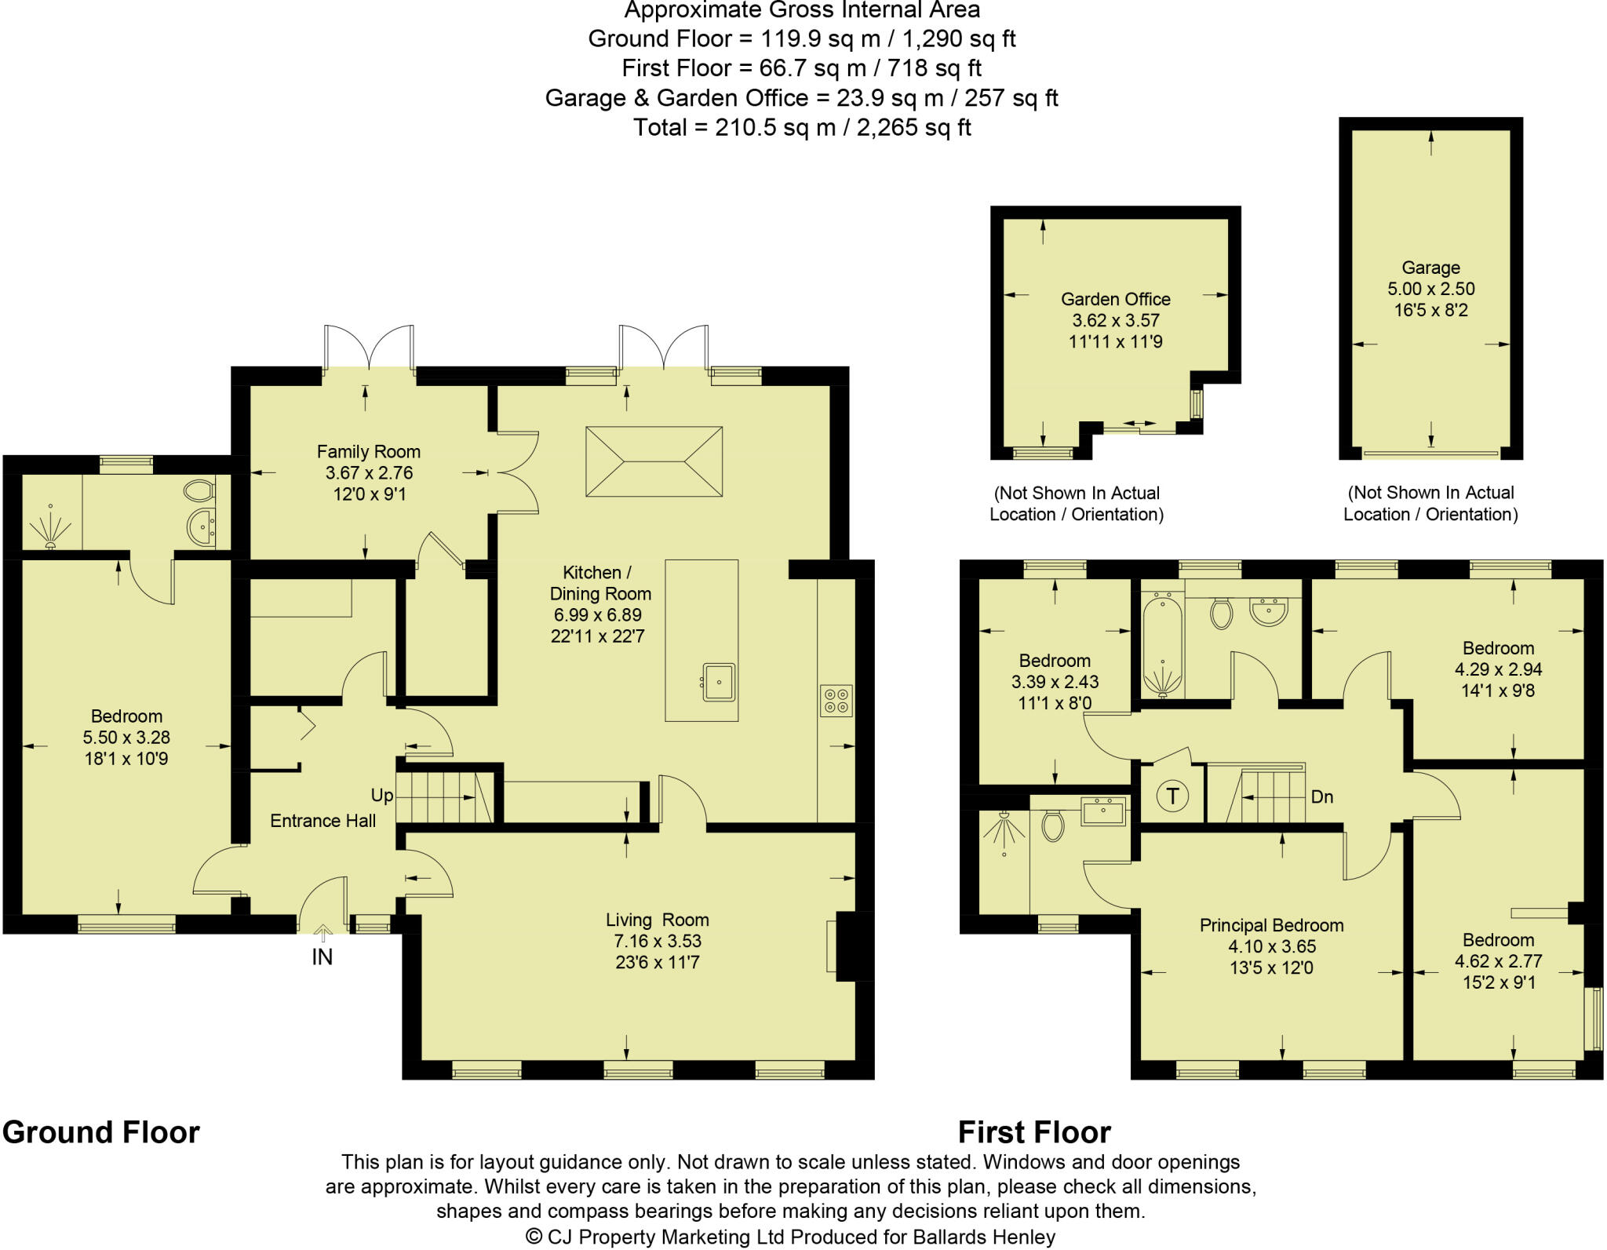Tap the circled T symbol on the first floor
[1172, 796]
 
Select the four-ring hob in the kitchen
[836, 701]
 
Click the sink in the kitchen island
[717, 682]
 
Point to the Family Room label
[368, 451]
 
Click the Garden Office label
[1115, 299]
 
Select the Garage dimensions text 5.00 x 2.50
[1430, 289]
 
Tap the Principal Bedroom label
[1271, 925]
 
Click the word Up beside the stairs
[382, 796]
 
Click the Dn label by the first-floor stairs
[1322, 797]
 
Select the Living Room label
[657, 920]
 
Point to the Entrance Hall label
[322, 821]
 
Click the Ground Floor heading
[101, 1132]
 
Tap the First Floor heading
[1034, 1132]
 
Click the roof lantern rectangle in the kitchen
[654, 461]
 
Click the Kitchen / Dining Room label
[600, 583]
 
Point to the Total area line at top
[802, 127]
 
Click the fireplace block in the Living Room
[855, 946]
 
